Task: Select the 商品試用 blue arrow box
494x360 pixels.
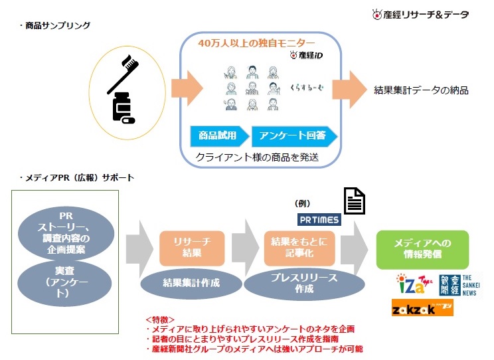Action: tap(218, 136)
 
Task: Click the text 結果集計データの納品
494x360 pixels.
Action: tap(421, 90)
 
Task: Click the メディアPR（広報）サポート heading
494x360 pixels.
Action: tap(78, 178)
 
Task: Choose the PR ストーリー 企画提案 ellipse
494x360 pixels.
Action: tap(66, 232)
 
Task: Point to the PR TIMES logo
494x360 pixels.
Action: tap(319, 219)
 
